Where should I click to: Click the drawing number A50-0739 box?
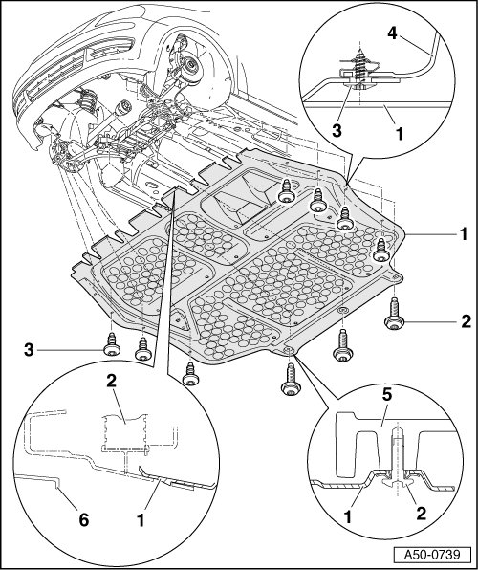click(432, 555)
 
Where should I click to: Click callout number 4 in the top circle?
click(392, 33)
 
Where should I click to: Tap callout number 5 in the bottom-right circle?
click(387, 396)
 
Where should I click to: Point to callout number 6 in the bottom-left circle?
click(83, 520)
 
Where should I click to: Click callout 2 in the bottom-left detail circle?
click(111, 381)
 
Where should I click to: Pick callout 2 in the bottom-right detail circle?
click(421, 514)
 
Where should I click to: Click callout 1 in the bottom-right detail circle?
click(348, 516)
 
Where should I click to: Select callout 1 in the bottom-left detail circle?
click(141, 520)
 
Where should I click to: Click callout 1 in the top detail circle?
click(400, 134)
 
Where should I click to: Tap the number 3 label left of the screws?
click(29, 350)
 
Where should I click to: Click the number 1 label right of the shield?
click(463, 234)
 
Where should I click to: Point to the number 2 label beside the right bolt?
click(466, 321)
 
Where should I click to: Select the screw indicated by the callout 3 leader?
click(112, 344)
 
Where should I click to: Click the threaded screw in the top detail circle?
click(359, 68)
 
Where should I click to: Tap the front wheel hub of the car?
click(188, 66)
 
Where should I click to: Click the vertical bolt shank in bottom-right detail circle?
click(398, 454)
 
